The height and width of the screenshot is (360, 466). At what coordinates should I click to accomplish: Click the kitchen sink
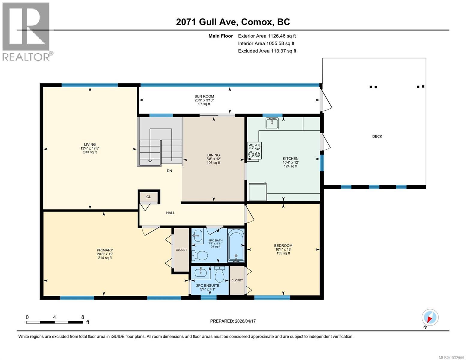[272, 123]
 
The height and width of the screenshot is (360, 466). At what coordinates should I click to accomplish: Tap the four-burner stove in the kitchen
[254, 150]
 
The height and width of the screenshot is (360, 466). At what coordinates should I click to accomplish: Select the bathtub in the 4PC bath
[236, 246]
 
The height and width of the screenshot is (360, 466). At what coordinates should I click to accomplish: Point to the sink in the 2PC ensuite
[200, 272]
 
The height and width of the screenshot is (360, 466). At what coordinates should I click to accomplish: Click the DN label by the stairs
[170, 171]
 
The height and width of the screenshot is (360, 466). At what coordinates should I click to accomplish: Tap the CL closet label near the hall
[149, 197]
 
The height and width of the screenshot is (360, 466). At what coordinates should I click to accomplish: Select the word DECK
[377, 136]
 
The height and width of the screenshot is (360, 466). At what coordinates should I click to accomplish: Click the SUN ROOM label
[204, 96]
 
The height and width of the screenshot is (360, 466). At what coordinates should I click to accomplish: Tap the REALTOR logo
[26, 31]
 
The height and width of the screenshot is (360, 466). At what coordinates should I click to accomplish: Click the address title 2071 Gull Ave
[233, 22]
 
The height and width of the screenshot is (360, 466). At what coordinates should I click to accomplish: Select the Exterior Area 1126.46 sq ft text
[267, 36]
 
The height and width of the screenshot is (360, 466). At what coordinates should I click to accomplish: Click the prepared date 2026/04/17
[233, 321]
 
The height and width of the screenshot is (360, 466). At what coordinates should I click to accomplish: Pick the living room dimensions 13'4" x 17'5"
[90, 148]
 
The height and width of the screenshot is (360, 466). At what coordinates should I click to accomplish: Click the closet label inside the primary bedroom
[181, 250]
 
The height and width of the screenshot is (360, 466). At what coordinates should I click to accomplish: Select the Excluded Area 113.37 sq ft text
[267, 51]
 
